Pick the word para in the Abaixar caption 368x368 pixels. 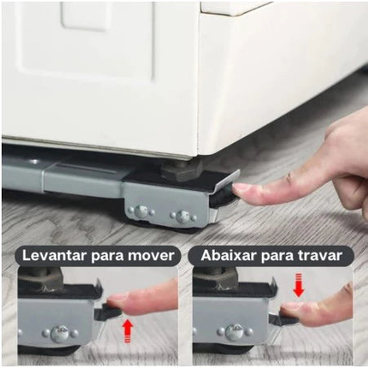[x=277, y=255]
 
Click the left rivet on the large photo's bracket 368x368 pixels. [x=141, y=211]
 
